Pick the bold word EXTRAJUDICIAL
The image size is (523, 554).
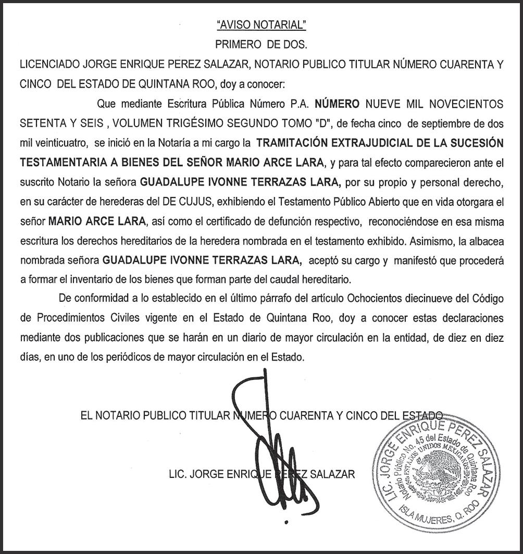click(377, 143)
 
